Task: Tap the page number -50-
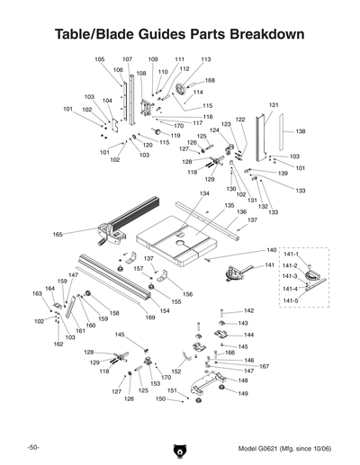(33, 447)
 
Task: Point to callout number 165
(58, 235)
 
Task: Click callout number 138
(301, 131)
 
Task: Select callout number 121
(274, 105)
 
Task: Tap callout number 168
(209, 81)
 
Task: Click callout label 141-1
(290, 255)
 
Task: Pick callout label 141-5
(290, 300)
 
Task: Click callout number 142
(249, 310)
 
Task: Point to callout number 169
(150, 317)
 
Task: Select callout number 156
(188, 294)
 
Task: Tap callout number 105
(99, 59)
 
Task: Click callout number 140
(271, 250)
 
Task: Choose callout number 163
(37, 293)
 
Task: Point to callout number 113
(205, 59)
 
